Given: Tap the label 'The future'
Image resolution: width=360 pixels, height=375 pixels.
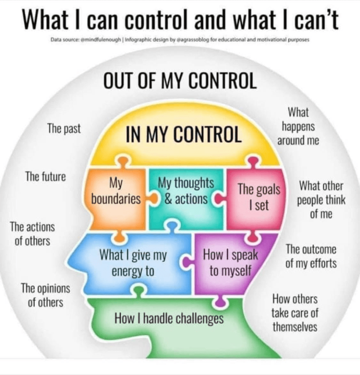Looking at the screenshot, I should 46,176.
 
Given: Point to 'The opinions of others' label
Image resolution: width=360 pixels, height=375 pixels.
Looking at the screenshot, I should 46,295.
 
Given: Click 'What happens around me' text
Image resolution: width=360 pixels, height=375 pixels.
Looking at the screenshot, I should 298,126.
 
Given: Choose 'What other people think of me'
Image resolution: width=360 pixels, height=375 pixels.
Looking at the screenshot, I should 321,199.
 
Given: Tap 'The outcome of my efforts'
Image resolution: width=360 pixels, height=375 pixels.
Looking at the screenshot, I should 311,256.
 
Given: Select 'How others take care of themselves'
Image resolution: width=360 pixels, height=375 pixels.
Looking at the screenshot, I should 295,313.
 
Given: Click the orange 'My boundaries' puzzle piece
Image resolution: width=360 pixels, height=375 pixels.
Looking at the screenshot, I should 116,198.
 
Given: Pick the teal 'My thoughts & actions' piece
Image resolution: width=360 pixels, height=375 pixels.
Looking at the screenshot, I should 186,198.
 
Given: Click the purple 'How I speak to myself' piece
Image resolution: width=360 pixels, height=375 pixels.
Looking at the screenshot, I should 230,262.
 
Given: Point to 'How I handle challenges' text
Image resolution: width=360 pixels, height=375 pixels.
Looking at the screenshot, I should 169,318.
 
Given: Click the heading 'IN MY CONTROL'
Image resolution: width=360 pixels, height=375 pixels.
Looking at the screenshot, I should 184,134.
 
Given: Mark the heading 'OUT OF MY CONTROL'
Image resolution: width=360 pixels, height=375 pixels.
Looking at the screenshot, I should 180,81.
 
